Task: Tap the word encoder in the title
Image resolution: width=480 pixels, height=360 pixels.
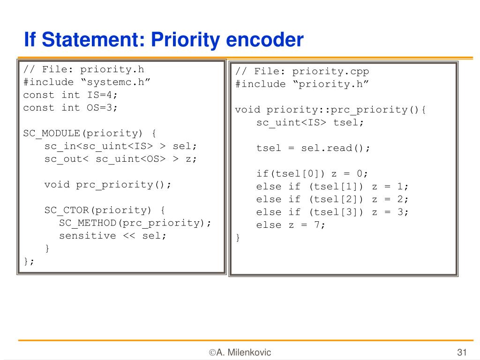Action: click(265, 40)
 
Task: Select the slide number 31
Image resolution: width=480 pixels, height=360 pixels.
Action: click(462, 352)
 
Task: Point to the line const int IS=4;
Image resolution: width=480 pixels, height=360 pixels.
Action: click(70, 95)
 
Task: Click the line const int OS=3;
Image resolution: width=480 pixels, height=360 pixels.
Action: click(70, 107)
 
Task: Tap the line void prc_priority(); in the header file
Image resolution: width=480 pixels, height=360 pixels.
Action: click(108, 184)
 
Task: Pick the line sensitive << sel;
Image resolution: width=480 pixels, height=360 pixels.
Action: click(112, 235)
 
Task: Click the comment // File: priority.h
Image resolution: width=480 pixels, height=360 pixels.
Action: click(83, 69)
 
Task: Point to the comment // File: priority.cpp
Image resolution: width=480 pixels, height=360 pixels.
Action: click(302, 71)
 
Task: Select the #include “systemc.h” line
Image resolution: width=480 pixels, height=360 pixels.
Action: click(87, 82)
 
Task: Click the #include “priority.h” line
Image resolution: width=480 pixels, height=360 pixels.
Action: click(302, 84)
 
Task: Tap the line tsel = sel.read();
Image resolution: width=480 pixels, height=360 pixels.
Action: click(313, 148)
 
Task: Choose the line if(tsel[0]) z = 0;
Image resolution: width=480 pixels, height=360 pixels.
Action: click(313, 173)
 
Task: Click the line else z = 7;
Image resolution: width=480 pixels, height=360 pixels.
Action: click(291, 225)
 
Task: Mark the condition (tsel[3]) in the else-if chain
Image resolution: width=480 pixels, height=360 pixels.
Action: click(336, 212)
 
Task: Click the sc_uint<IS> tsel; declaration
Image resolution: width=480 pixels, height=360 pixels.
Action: click(310, 122)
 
